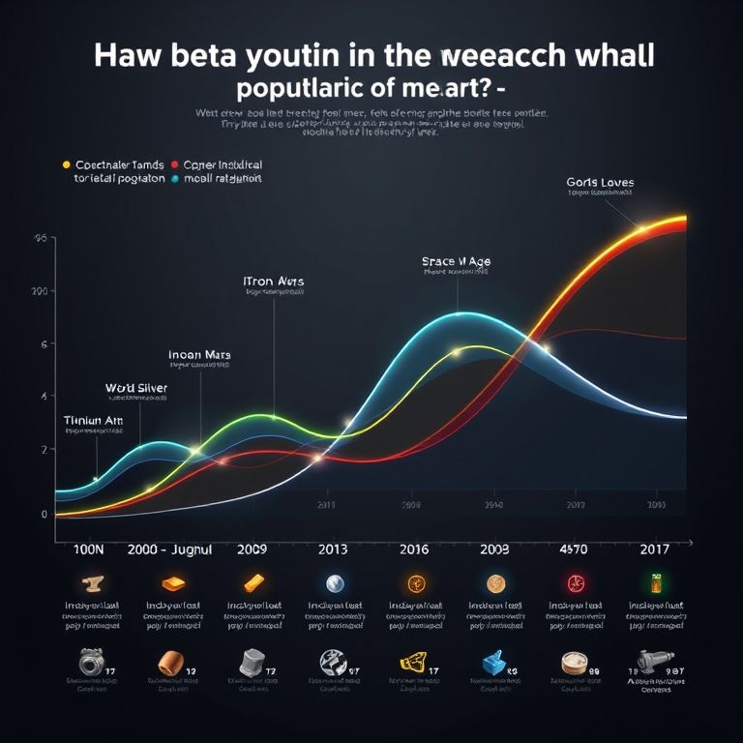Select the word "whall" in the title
610,55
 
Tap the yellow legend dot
66,164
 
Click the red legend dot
174,164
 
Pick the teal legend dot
174,179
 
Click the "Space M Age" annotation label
456,261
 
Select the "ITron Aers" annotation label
274,282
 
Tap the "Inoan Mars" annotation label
199,355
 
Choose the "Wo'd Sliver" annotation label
136,388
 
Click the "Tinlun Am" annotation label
94,420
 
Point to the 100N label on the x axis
88,550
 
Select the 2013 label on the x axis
332,550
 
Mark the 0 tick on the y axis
44,515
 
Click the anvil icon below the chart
94,583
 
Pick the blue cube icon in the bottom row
493,663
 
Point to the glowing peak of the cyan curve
458,314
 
